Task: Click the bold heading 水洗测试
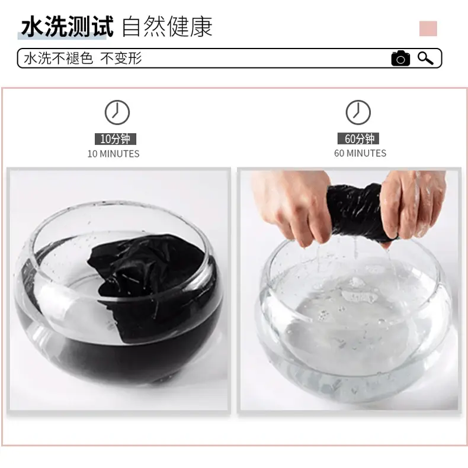tap(68, 27)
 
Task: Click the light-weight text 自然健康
tap(167, 27)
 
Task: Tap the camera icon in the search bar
tap(400, 58)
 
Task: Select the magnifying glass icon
tap(425, 58)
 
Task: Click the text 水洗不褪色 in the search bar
tap(58, 58)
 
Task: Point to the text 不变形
tap(121, 58)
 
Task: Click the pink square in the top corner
tap(428, 28)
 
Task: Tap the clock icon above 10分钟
tap(117, 112)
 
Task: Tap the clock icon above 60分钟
tap(358, 112)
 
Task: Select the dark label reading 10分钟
tap(116, 139)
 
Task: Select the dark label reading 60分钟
tap(358, 138)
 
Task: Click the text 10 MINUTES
tap(114, 154)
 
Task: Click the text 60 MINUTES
tap(360, 153)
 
